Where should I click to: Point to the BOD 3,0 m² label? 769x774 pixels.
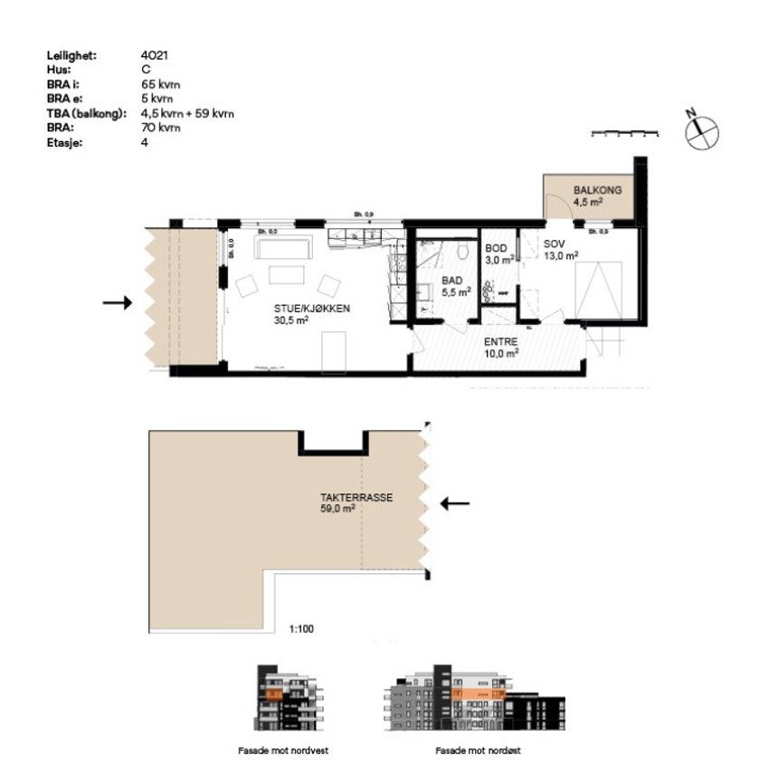(x=498, y=253)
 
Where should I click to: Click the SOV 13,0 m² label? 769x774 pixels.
(x=559, y=250)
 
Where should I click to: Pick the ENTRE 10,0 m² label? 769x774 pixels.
(x=500, y=348)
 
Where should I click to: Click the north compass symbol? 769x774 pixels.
(x=702, y=132)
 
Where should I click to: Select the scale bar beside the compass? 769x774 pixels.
(x=623, y=134)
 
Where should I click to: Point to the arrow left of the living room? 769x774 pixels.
(x=117, y=303)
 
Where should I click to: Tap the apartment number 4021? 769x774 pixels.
(x=154, y=56)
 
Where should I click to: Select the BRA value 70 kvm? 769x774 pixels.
(x=160, y=128)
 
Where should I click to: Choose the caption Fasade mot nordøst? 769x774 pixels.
(x=477, y=750)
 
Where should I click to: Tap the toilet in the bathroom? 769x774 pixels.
(x=461, y=251)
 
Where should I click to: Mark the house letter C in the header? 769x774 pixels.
(x=145, y=68)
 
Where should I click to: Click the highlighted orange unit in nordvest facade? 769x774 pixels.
(x=272, y=694)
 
